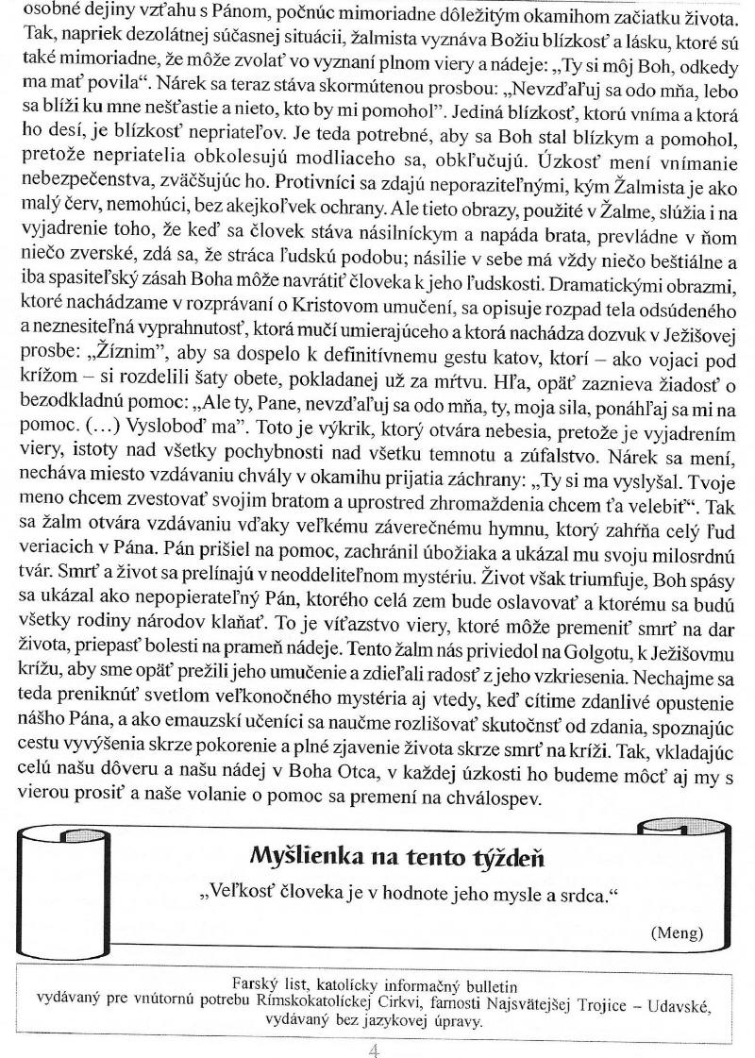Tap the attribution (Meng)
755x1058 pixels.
pyautogui.click(x=677, y=932)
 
